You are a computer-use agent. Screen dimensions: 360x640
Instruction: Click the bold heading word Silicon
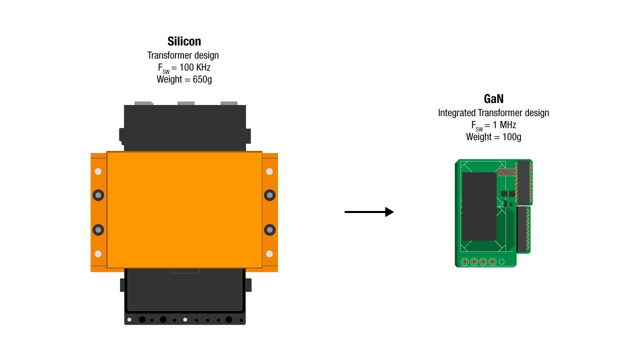[184, 41]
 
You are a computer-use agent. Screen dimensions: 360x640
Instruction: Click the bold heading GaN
[493, 99]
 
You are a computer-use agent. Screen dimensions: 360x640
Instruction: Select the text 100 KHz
[194, 67]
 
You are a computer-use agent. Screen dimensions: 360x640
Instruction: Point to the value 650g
[202, 79]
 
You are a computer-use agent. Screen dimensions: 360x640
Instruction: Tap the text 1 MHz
[504, 125]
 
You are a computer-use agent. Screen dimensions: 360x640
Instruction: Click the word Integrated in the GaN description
[456, 113]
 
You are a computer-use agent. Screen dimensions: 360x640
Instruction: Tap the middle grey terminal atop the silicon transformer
[186, 103]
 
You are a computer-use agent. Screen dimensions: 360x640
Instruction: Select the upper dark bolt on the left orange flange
[98, 195]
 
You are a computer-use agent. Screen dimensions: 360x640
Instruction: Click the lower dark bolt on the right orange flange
[269, 230]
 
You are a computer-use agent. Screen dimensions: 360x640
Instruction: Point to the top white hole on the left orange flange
[98, 171]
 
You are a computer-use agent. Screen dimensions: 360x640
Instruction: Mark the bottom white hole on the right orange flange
[269, 253]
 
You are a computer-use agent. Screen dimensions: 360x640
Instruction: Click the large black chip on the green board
[479, 206]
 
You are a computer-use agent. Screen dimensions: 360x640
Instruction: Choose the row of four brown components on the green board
[506, 172]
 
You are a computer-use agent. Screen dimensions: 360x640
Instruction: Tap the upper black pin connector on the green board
[523, 182]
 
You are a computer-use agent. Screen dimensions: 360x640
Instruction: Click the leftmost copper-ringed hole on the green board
[465, 261]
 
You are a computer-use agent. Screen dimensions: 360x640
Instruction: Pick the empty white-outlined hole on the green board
[501, 261]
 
